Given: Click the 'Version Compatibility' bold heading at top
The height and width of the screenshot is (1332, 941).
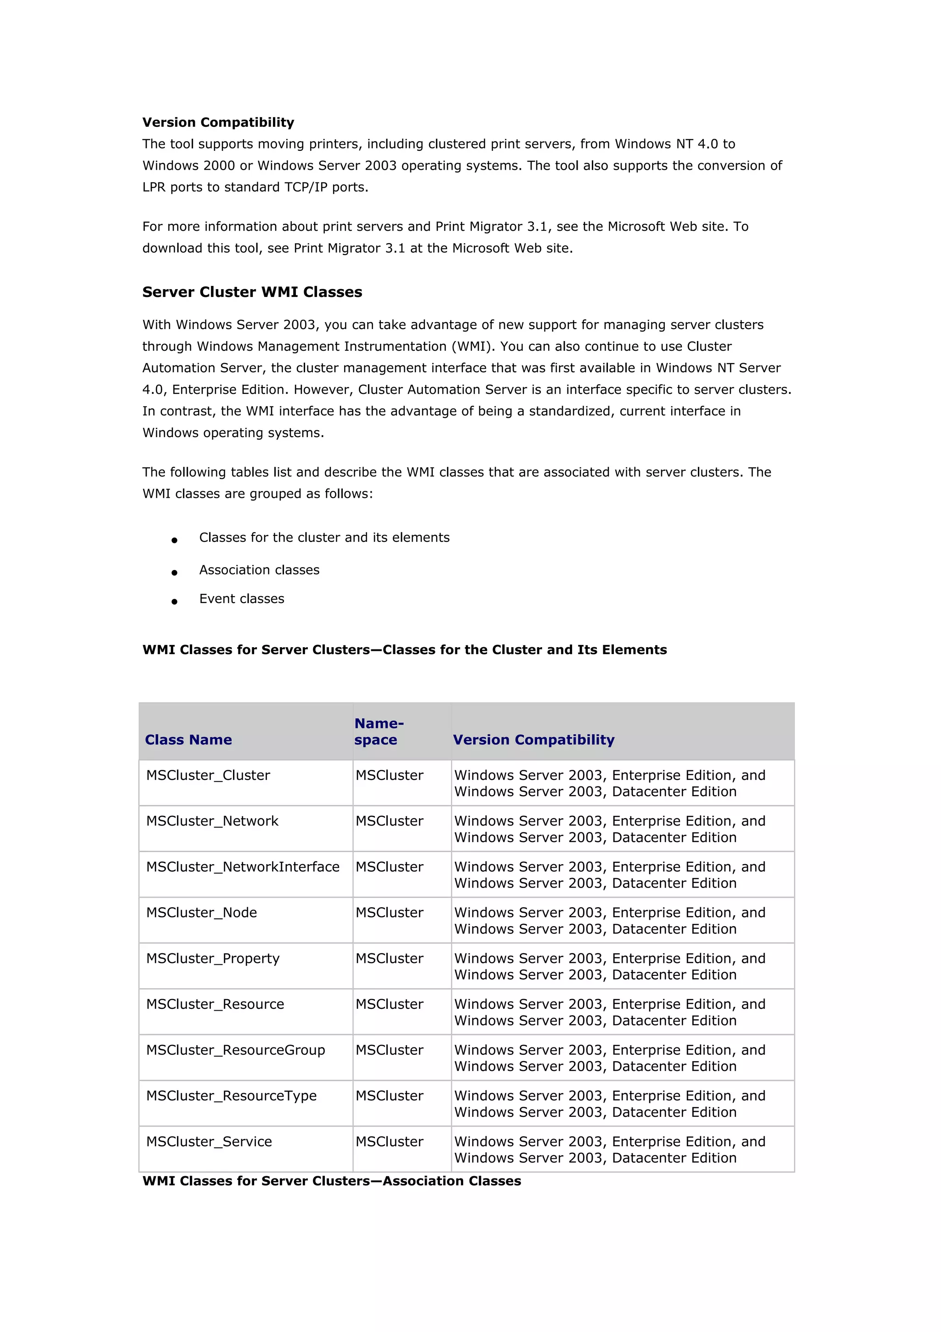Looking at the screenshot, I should point(218,122).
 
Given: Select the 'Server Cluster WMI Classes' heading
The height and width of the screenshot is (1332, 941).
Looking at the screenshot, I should point(252,292).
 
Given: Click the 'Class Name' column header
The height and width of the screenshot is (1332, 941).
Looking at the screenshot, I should point(188,740).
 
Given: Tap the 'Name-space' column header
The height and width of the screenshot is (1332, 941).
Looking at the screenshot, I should point(378,732).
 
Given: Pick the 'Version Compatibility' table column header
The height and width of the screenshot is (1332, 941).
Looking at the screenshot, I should point(533,740).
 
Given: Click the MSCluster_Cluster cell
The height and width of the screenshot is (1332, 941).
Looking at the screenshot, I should point(208,776).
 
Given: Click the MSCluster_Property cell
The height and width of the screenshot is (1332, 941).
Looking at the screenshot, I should point(213,959).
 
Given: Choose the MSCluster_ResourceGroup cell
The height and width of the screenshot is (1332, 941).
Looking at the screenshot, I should point(235,1051).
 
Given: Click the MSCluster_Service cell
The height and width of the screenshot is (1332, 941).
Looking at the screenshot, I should point(209,1142).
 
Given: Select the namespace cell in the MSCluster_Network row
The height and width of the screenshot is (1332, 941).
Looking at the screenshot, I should point(390,821).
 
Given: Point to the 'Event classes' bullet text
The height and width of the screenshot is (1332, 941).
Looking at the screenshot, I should point(242,599).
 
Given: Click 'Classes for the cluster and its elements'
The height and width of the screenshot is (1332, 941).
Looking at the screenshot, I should point(324,538).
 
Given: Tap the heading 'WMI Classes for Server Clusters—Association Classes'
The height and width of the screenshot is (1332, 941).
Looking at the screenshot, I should point(332,1181).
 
